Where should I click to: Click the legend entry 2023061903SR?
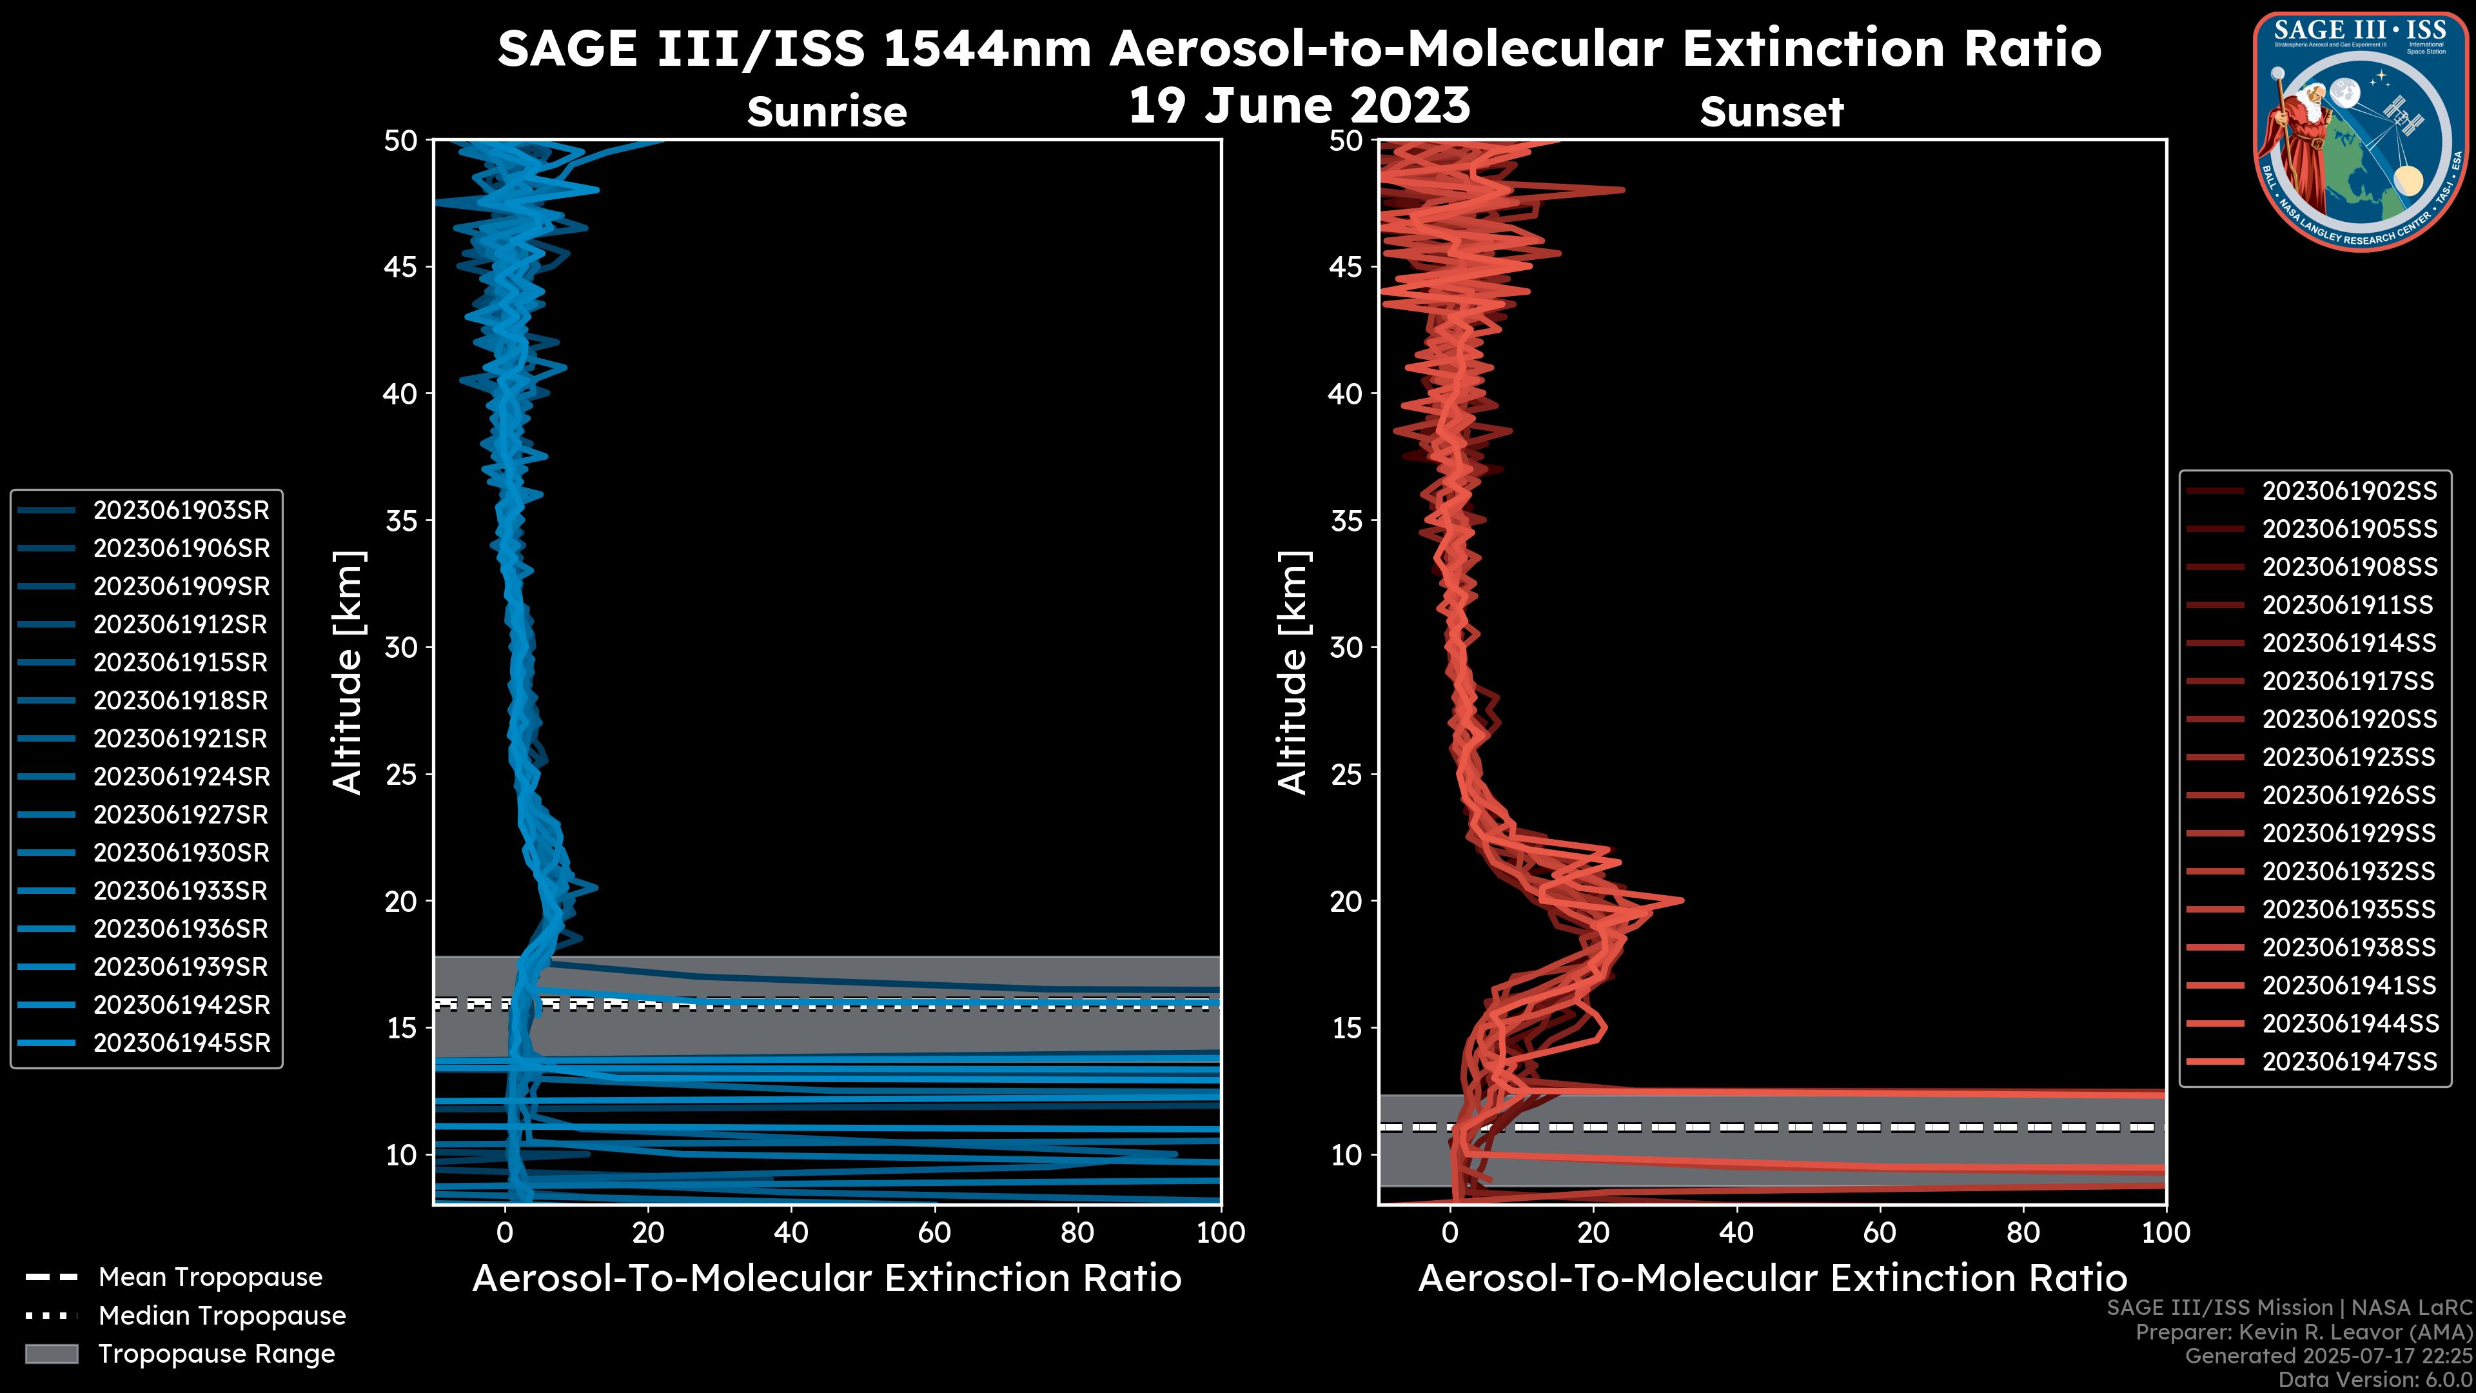181,511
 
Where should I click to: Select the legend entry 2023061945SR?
181,1043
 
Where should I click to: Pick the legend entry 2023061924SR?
181,776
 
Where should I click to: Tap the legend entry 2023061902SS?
2348,491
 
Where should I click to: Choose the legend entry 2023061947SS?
2348,1062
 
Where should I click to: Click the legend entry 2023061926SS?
2348,795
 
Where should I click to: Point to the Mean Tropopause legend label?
210,1278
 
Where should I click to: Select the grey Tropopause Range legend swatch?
52,1354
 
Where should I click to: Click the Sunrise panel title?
827,112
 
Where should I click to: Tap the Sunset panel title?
1771,112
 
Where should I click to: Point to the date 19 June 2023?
1299,106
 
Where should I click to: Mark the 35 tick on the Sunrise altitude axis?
401,521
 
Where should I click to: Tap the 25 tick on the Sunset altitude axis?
1346,775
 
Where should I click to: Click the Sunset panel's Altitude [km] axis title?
1293,673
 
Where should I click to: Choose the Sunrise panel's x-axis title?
827,1279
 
